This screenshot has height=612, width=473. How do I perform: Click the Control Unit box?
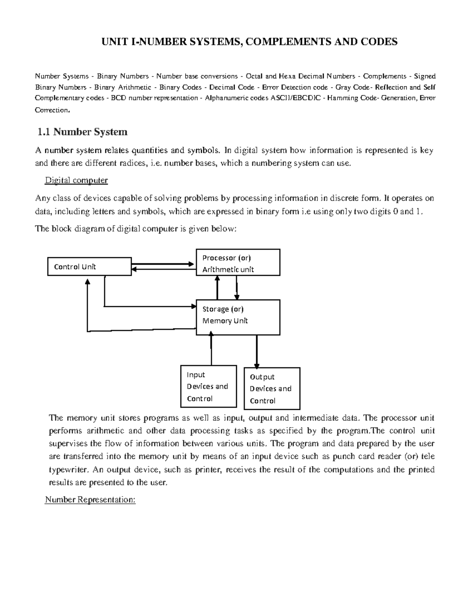click(x=89, y=267)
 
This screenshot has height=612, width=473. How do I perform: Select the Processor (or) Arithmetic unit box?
click(x=238, y=262)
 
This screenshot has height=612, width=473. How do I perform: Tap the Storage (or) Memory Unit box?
click(x=238, y=317)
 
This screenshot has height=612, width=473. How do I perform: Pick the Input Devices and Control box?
click(x=209, y=387)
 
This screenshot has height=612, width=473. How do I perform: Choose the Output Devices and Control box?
click(x=272, y=389)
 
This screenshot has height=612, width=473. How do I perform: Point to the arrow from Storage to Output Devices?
click(x=257, y=351)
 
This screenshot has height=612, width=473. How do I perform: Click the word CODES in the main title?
click(x=379, y=42)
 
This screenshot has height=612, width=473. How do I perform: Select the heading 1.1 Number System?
click(x=82, y=132)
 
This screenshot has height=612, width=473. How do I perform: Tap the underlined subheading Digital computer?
click(x=76, y=180)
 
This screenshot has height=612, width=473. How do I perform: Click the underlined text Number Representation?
click(x=90, y=500)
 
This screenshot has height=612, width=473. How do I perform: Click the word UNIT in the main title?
click(x=114, y=42)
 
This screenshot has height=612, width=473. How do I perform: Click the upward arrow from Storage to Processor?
click(x=217, y=288)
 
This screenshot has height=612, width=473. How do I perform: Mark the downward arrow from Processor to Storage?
click(x=236, y=288)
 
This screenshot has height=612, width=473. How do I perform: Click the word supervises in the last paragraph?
click(x=69, y=444)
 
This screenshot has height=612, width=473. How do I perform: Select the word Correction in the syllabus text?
click(x=51, y=110)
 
